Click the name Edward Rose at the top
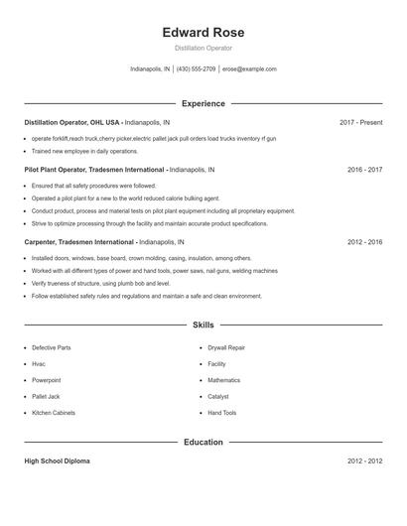[203, 33]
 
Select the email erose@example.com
[249, 69]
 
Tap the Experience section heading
[203, 103]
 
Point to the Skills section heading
[203, 325]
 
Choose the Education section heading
[203, 442]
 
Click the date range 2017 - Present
[360, 122]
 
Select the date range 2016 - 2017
[364, 170]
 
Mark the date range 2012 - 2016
[364, 241]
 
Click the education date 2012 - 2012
[364, 461]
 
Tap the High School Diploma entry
[59, 461]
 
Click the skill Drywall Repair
[226, 348]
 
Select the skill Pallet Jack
[47, 397]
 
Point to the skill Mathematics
[224, 380]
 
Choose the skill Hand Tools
[222, 413]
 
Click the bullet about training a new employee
[84, 152]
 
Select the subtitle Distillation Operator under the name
[203, 48]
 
